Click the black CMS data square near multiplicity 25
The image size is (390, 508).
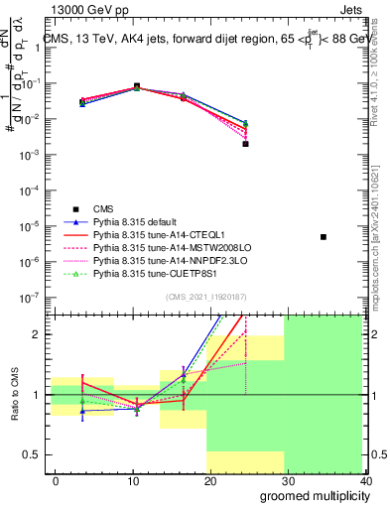click(245, 144)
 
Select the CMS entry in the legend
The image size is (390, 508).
click(103, 208)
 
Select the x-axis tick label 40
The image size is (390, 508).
click(365, 481)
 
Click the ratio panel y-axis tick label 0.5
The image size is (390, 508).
click(36, 455)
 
